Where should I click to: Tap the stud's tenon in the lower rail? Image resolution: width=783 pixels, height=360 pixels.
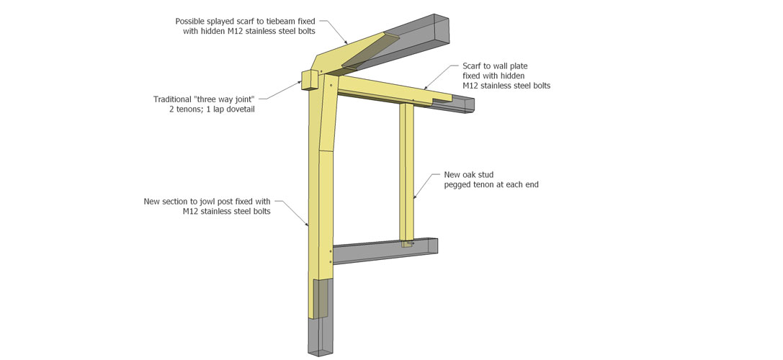[408, 244]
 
